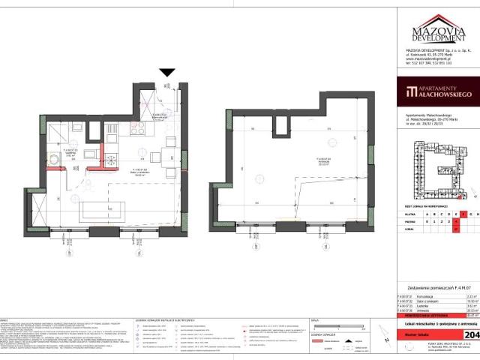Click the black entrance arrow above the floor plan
(x=167, y=73)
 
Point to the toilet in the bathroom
(x=55, y=159)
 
